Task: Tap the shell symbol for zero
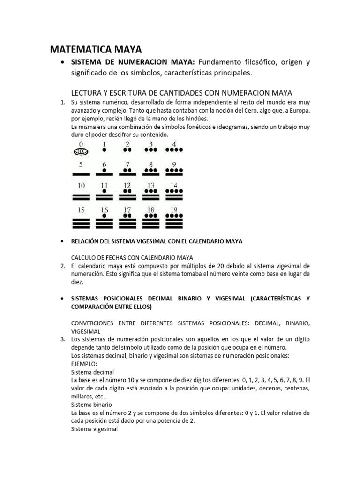pyautogui.click(x=81, y=151)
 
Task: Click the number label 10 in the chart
pyautogui.click(x=81, y=186)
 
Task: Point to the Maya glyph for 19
pyautogui.click(x=174, y=221)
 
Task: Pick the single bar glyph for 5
pyautogui.click(x=81, y=173)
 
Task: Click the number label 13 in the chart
pyautogui.click(x=150, y=186)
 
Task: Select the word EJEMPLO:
pyautogui.click(x=84, y=364)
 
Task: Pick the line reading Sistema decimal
pyautogui.click(x=92, y=372)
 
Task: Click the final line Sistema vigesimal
pyautogui.click(x=95, y=428)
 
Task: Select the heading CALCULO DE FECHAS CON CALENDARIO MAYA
pyautogui.click(x=132, y=258)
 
